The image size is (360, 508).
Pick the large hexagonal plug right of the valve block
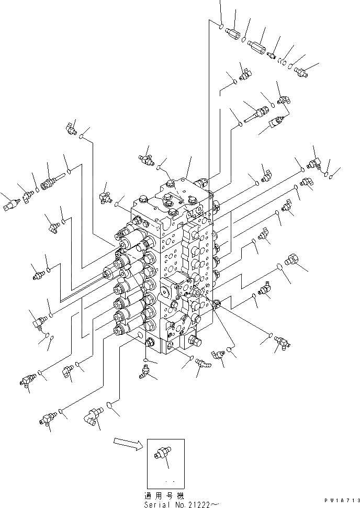294,261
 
